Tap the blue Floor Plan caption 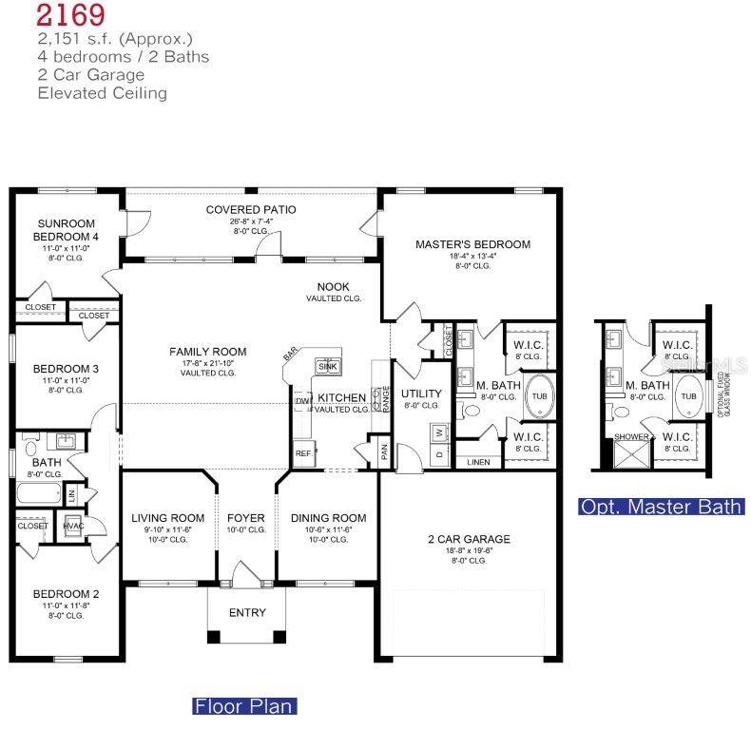pyautogui.click(x=244, y=706)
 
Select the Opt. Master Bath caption pyautogui.click(x=661, y=507)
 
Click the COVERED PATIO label pyautogui.click(x=251, y=209)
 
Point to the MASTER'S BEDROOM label pyautogui.click(x=472, y=244)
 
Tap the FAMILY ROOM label pyautogui.click(x=208, y=352)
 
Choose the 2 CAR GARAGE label pyautogui.click(x=469, y=539)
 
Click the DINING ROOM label pyautogui.click(x=327, y=518)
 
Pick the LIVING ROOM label pyautogui.click(x=168, y=518)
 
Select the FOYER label pyautogui.click(x=246, y=518)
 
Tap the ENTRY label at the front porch pyautogui.click(x=247, y=613)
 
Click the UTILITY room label pyautogui.click(x=420, y=393)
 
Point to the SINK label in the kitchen pyautogui.click(x=328, y=366)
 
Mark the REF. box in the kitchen pyautogui.click(x=304, y=453)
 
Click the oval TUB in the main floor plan pyautogui.click(x=540, y=396)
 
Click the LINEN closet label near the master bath pyautogui.click(x=477, y=462)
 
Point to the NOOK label pyautogui.click(x=334, y=286)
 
